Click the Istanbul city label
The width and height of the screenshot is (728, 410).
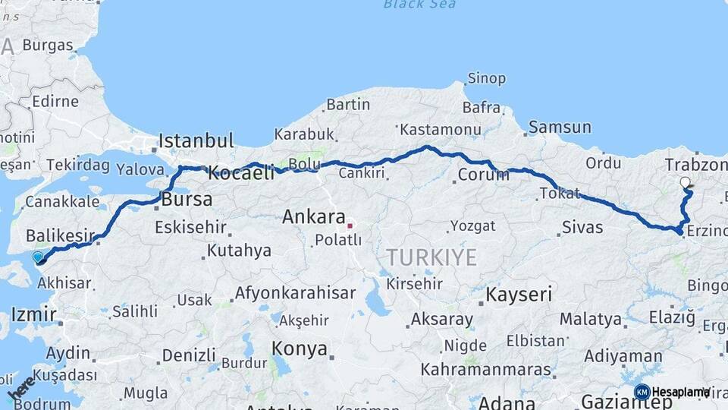point(196,141)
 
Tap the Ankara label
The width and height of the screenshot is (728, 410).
point(314,217)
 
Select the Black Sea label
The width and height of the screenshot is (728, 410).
point(419,5)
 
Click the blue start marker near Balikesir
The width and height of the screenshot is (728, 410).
point(39,258)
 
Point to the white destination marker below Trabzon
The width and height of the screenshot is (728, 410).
point(686,182)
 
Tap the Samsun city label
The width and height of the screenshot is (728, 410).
point(560,128)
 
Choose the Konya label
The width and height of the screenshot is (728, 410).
point(300,349)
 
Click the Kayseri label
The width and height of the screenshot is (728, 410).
point(519,295)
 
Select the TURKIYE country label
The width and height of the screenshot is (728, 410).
point(431,257)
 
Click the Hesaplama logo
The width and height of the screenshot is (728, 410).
point(672,392)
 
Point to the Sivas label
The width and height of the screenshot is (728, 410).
point(582,227)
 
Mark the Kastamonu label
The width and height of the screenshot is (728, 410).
point(441,130)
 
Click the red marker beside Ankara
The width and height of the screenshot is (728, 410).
point(349,225)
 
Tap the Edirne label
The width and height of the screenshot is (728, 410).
point(55,101)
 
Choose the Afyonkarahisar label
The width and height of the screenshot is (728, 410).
point(295,292)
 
